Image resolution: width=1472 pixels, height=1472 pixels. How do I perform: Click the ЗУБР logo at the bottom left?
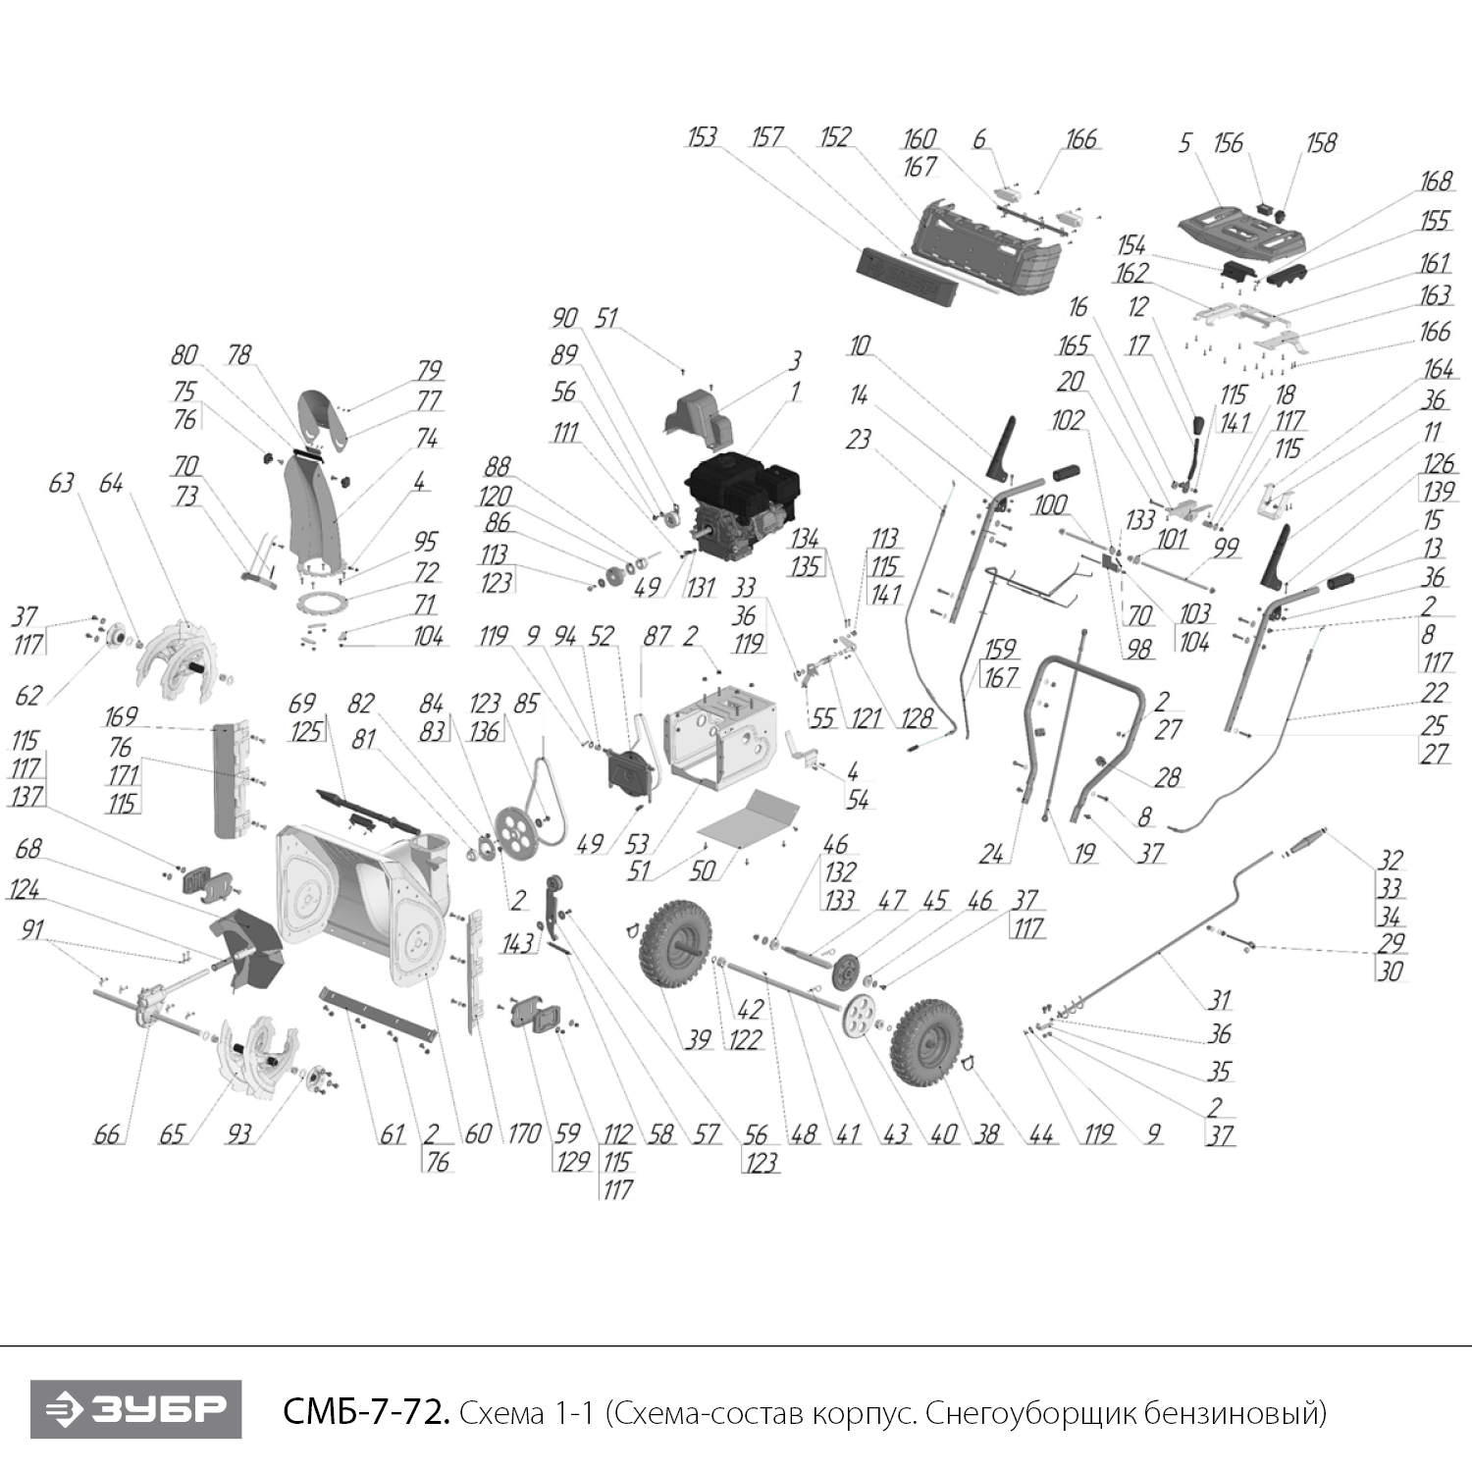point(135,1409)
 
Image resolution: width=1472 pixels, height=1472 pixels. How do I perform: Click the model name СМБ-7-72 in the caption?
point(366,1412)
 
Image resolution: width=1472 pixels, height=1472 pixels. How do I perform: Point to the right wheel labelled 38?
point(926,1042)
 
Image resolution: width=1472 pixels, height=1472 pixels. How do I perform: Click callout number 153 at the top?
point(702,136)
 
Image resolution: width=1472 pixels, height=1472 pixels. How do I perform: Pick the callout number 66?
point(106,1134)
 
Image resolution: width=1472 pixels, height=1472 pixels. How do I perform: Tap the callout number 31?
point(1219,1000)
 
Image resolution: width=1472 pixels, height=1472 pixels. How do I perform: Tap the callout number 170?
point(524,1134)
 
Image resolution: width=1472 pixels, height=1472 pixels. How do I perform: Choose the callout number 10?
point(860,345)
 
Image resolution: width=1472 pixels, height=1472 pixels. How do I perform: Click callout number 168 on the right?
point(1435,182)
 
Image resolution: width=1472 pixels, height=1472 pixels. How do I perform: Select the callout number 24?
point(991,854)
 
